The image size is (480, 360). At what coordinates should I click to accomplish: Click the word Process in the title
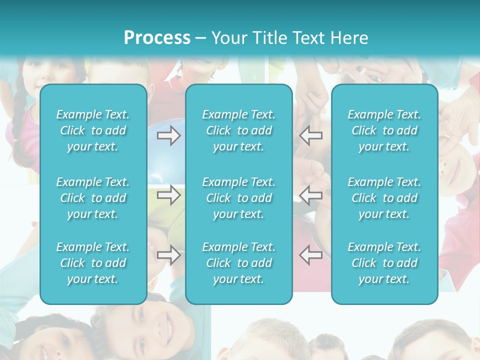click(157, 38)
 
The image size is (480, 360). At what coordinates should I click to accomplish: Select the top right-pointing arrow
click(168, 135)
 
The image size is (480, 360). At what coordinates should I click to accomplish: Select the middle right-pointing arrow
click(168, 195)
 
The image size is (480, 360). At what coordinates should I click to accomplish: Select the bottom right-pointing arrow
click(168, 255)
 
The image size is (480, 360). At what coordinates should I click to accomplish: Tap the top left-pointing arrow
click(311, 135)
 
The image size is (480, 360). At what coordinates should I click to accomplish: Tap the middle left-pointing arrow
click(311, 195)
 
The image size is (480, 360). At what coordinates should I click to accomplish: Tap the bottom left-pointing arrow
click(311, 255)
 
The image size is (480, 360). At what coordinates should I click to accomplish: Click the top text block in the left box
click(93, 130)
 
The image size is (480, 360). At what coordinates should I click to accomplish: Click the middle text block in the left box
click(93, 198)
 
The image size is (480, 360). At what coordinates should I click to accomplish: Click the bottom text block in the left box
click(93, 263)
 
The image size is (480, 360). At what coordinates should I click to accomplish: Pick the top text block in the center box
click(239, 130)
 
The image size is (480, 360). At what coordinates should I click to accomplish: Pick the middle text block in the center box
click(239, 198)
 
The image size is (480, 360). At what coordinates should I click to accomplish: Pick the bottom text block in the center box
click(239, 263)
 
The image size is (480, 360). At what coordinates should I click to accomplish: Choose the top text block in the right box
click(384, 130)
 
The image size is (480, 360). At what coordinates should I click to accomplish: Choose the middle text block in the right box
click(384, 198)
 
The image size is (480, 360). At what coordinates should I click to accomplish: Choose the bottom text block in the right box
click(384, 263)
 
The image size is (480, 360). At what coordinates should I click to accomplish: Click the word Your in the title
click(227, 38)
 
